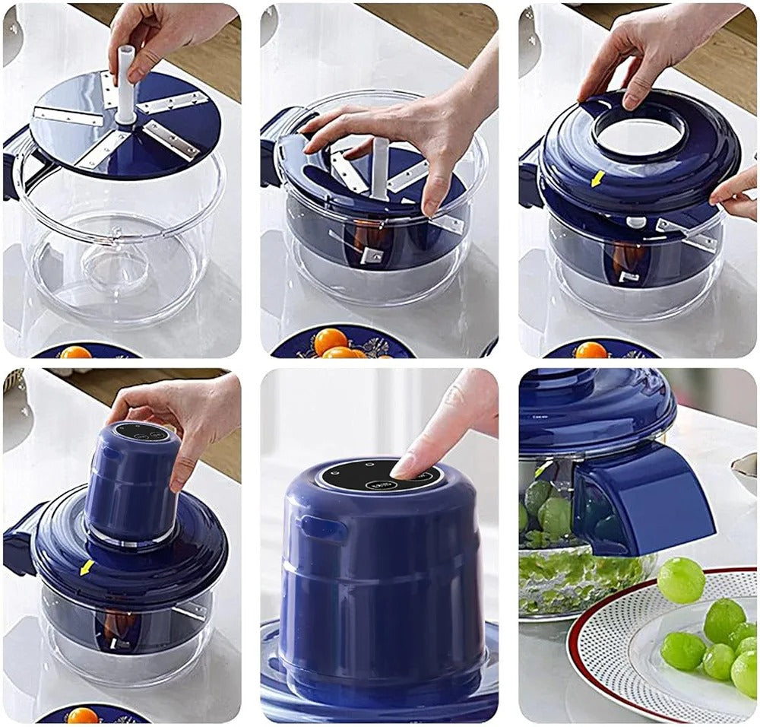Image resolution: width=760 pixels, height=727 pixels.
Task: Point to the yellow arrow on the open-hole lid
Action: [x=598, y=178]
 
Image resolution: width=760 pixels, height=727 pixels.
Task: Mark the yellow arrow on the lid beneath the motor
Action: [x=87, y=567]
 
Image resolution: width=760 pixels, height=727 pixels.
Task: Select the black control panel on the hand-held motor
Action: [x=141, y=432]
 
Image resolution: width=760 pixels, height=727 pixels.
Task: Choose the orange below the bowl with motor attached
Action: [x=82, y=716]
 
